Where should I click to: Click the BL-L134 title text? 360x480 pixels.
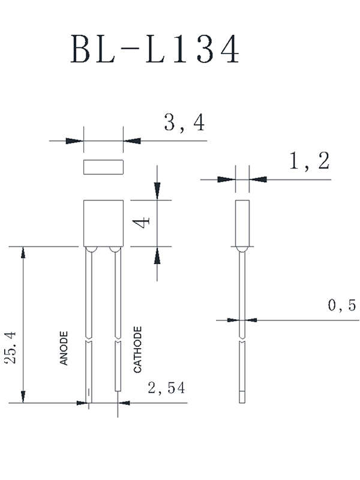pyautogui.click(x=155, y=49)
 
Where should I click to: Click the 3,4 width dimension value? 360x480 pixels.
pyautogui.click(x=184, y=123)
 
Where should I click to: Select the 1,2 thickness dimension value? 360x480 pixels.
pyautogui.click(x=310, y=161)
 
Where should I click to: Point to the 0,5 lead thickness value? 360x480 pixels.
pyautogui.click(x=342, y=305)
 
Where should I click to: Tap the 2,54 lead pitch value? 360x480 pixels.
pyautogui.click(x=167, y=388)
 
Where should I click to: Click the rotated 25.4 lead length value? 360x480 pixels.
pyautogui.click(x=11, y=348)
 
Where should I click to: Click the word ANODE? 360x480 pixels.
pyautogui.click(x=64, y=349)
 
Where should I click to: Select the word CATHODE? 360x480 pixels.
pyautogui.click(x=137, y=350)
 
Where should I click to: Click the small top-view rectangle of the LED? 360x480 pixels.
pyautogui.click(x=103, y=167)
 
